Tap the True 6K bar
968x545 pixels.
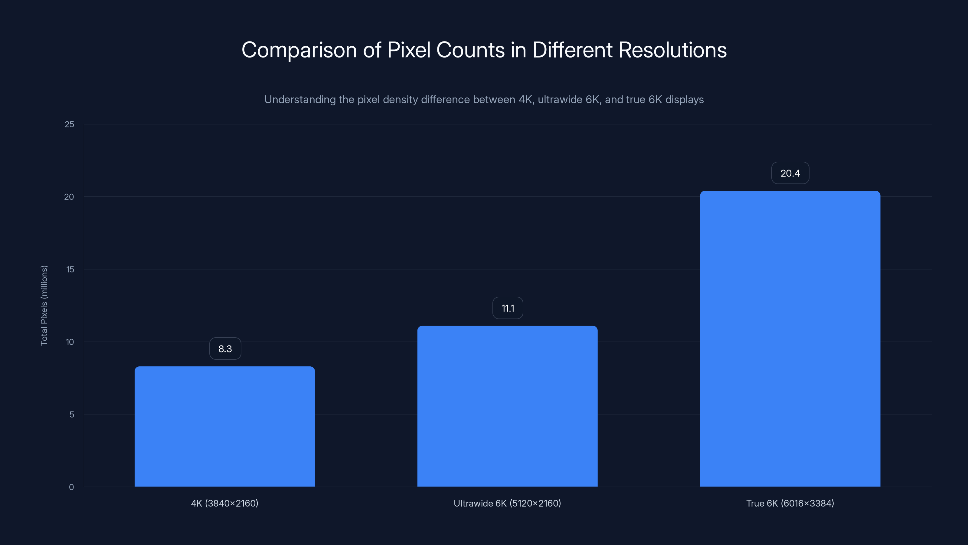click(790, 339)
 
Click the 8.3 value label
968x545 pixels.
click(225, 349)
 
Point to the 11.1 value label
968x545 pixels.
click(508, 308)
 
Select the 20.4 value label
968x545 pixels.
click(790, 173)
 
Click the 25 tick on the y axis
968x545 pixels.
click(70, 124)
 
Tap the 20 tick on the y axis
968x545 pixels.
click(69, 197)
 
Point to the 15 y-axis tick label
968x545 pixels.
click(70, 269)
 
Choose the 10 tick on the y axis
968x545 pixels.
click(70, 342)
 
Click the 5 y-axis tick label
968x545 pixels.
click(71, 415)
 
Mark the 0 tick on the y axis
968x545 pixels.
click(71, 487)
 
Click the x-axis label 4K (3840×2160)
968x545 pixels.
click(225, 503)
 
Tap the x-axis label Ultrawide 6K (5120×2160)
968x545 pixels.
click(507, 503)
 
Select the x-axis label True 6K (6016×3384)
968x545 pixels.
click(790, 503)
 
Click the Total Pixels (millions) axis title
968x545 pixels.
click(44, 306)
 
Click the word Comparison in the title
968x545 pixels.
click(299, 50)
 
